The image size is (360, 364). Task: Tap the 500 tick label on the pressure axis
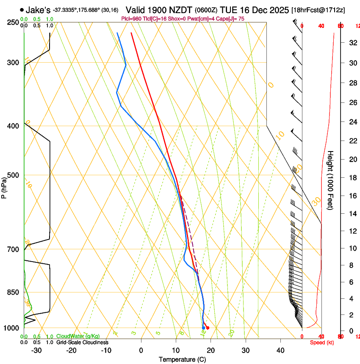point(12,175)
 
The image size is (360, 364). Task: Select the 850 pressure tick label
point(12,292)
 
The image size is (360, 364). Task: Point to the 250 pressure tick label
point(12,22)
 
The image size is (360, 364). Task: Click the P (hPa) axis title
point(4,186)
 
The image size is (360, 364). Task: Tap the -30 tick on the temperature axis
point(36,350)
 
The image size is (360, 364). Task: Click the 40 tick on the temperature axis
point(280,350)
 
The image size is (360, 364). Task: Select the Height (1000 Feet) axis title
point(331,180)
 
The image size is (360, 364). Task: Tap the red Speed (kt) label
point(322,342)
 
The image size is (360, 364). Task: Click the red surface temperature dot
point(208,328)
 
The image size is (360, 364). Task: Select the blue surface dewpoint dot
point(203,328)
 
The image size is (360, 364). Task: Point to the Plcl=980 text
point(132,19)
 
